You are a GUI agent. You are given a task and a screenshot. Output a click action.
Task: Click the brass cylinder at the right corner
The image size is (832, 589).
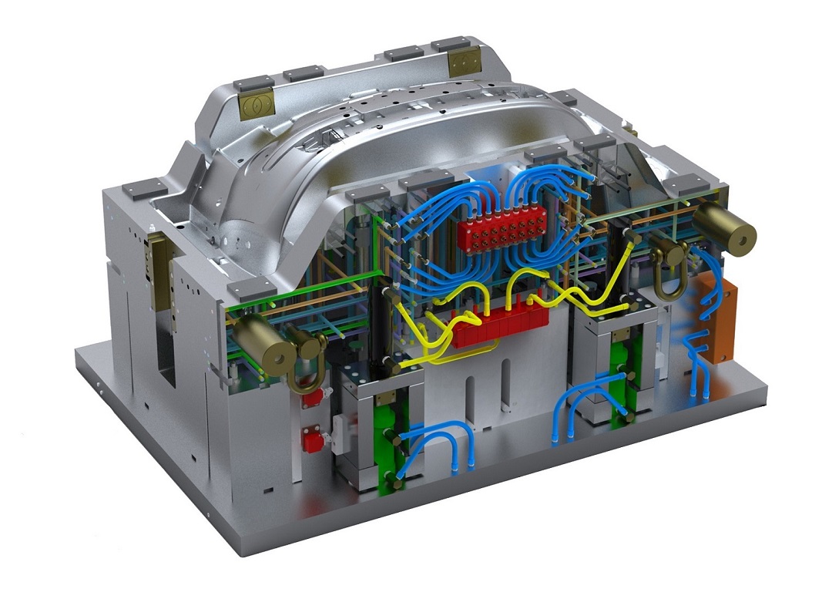tap(725, 232)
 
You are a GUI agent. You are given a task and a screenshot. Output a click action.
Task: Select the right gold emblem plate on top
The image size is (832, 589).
tap(465, 62)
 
